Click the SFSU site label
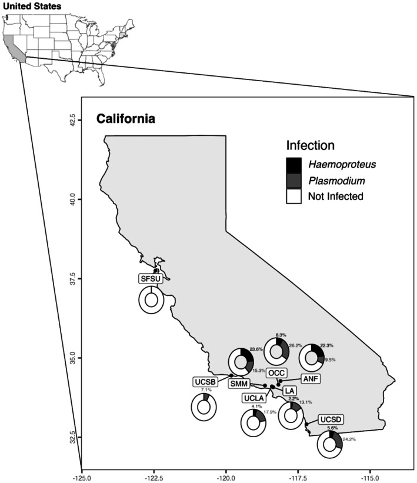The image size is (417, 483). point(151,278)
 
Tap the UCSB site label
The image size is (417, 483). point(205,382)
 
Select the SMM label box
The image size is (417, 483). point(239,384)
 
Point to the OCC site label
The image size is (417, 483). point(276,373)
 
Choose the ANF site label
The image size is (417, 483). point(311,379)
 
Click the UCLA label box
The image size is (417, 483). point(253,398)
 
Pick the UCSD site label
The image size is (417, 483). point(331,419)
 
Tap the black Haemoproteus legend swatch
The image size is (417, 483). point(294,165)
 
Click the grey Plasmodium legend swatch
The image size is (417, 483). point(294,181)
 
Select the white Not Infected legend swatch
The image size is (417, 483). point(294,196)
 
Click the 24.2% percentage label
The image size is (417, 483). point(349,439)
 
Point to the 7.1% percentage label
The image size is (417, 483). point(206,390)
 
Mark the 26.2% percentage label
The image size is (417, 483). point(295,345)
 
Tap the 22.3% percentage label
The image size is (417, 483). point(327,345)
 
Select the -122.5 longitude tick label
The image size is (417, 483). point(154,478)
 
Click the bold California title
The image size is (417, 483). point(126,119)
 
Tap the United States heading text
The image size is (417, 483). point(32,6)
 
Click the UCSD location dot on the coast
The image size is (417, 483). point(306,425)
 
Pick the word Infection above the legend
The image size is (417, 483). point(311,145)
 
